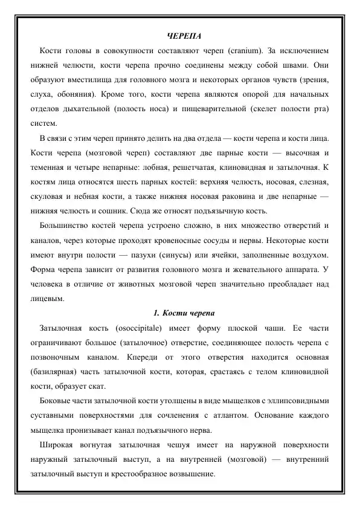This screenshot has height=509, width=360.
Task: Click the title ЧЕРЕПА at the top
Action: pyautogui.click(x=180, y=36)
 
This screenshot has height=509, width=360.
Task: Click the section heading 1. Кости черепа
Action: pyautogui.click(x=180, y=313)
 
